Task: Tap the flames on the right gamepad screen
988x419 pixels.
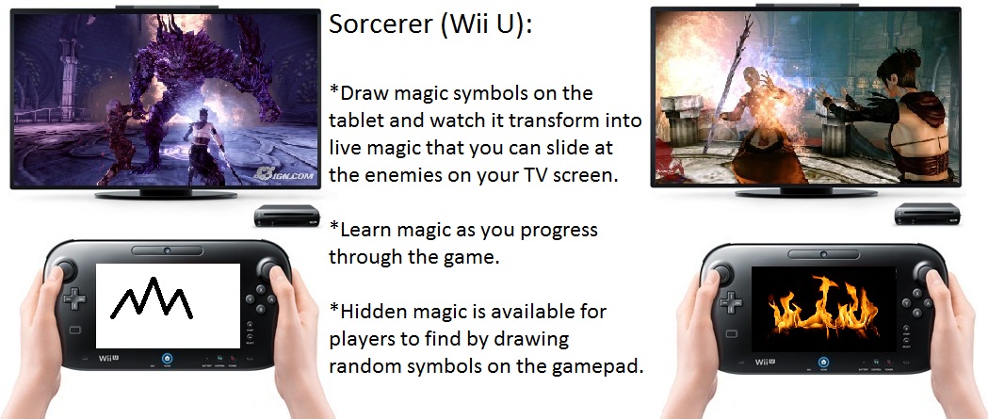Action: click(823, 308)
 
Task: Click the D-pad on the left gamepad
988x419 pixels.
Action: click(75, 298)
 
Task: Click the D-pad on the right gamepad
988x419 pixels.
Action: click(731, 301)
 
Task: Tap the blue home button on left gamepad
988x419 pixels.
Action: click(168, 360)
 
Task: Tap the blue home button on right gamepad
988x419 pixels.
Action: click(823, 363)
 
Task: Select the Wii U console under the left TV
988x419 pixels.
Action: click(287, 216)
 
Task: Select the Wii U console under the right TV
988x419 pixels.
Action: click(928, 214)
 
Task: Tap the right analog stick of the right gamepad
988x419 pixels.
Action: click(924, 274)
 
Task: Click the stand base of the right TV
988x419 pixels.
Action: click(806, 192)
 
